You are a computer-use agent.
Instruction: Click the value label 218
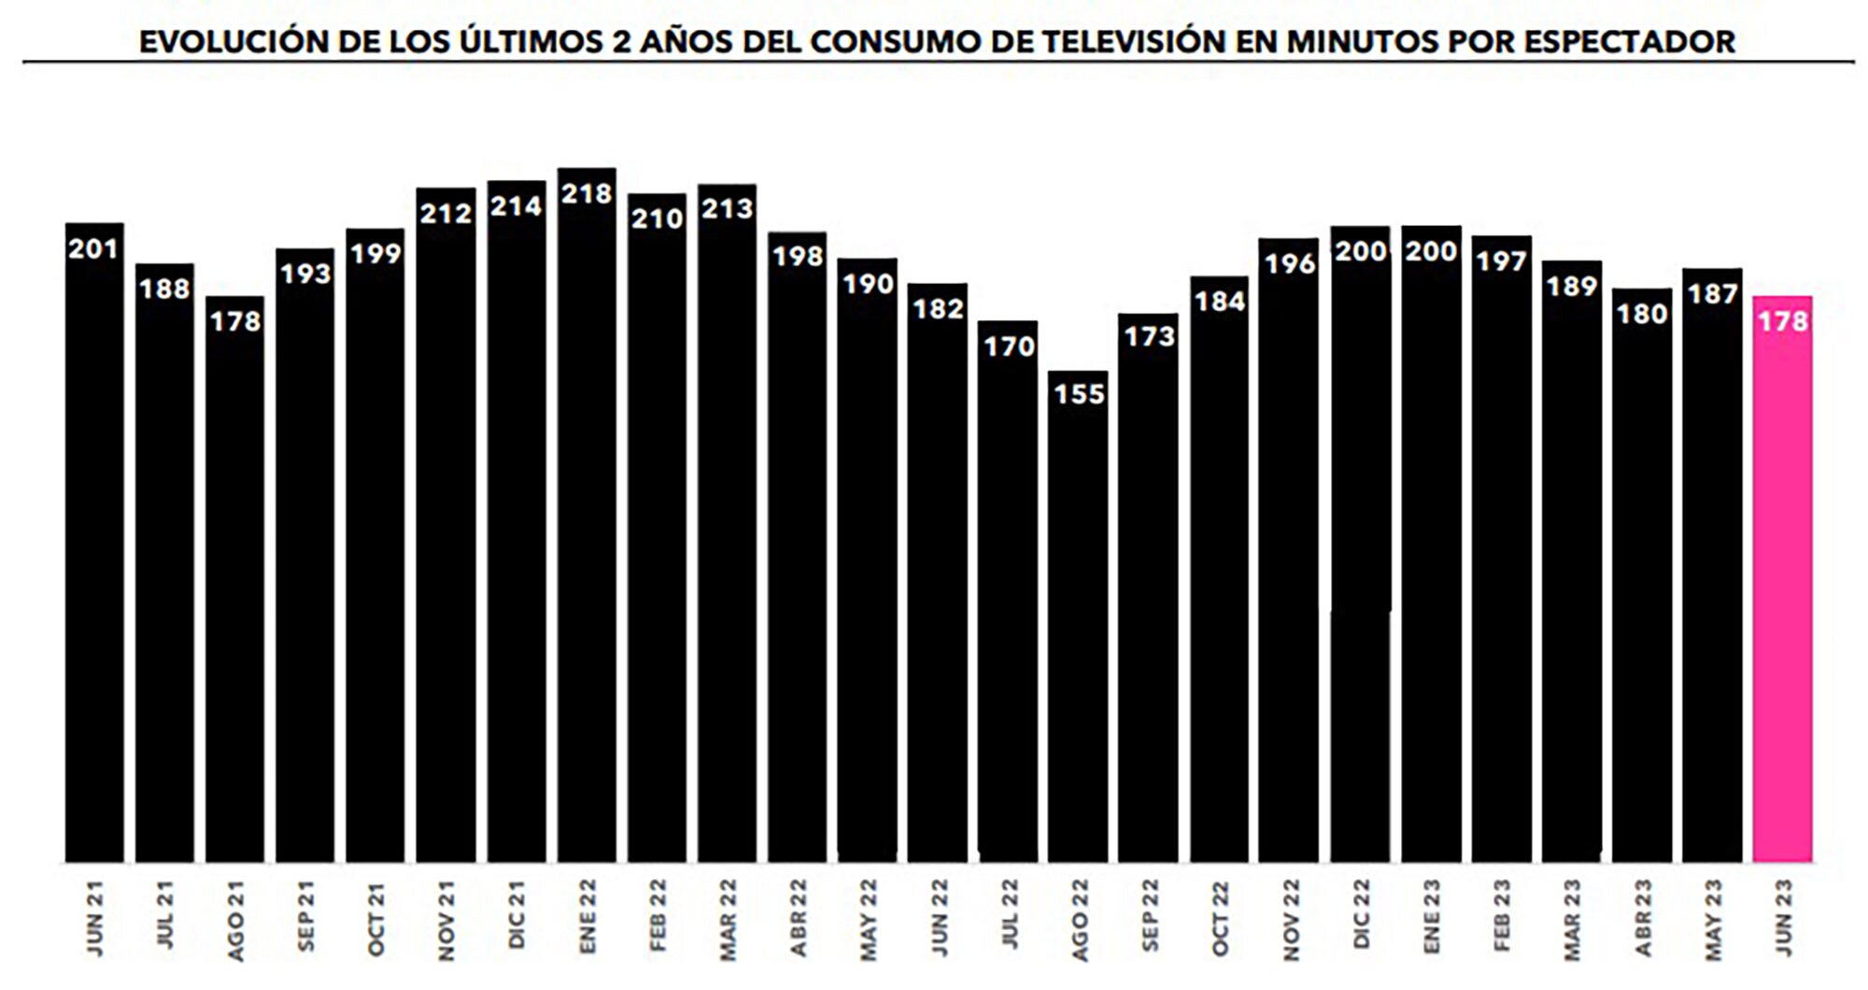(x=587, y=193)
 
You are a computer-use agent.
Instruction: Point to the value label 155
(x=1079, y=394)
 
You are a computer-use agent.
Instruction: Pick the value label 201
(x=93, y=248)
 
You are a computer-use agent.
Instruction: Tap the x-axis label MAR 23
(x=1572, y=919)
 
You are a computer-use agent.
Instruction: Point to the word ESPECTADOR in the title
(x=1629, y=42)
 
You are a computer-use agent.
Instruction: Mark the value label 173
(x=1149, y=336)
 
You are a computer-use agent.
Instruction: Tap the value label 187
(x=1712, y=294)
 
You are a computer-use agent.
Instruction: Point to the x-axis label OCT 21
(x=375, y=919)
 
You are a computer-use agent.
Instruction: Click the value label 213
(x=727, y=208)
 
